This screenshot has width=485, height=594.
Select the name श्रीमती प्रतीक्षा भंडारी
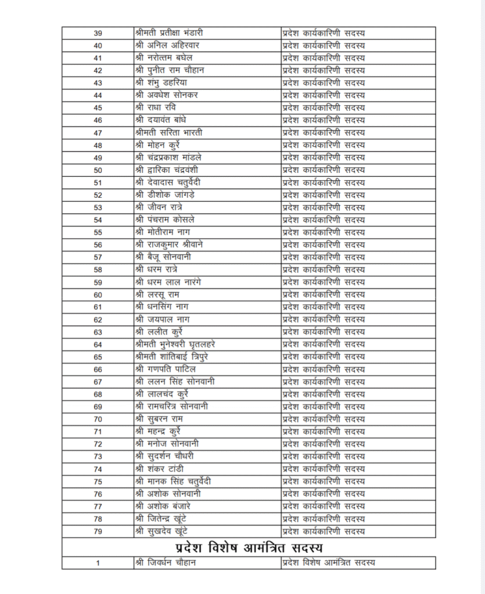pos(168,33)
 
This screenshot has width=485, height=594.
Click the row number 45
pos(98,108)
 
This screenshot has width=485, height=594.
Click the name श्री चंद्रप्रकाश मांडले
pos(168,158)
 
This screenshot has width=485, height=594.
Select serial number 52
pos(98,195)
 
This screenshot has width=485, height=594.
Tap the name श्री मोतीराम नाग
pos(162,232)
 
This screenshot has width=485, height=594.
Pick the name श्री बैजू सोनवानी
pos(163,257)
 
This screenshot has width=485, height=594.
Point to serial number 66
pos(98,370)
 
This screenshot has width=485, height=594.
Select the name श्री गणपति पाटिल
pos(165,369)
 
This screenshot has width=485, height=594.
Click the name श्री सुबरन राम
pos(159,419)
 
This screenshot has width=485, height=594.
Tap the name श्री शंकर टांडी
pos(160,469)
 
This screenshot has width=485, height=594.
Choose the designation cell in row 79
pos(324,531)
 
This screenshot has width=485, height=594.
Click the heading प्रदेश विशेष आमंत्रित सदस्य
pos(249,547)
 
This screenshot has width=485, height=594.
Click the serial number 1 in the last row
pos(98,563)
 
